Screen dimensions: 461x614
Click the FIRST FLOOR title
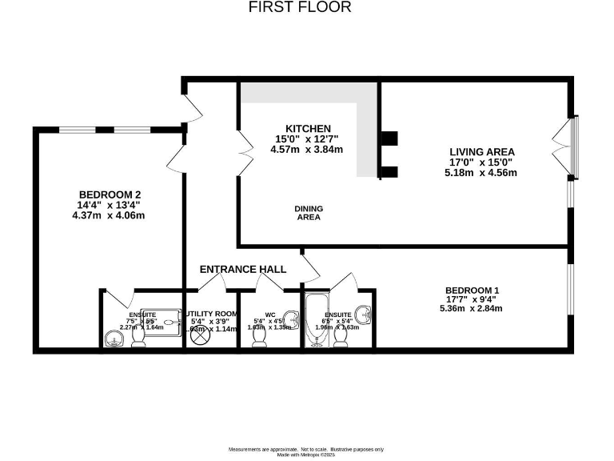(x=300, y=8)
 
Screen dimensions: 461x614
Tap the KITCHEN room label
(x=308, y=129)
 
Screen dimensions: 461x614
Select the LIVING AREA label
(x=482, y=151)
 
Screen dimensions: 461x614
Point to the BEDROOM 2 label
(x=110, y=194)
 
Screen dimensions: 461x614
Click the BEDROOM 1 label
(x=472, y=290)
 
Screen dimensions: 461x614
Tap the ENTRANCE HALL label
(x=243, y=270)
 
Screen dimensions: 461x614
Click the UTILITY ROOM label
(x=212, y=313)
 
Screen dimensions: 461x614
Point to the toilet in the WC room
(x=259, y=339)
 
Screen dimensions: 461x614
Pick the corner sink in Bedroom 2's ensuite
(x=113, y=341)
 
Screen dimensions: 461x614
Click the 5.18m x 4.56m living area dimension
(x=482, y=172)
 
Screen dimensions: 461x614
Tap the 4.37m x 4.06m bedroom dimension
(x=110, y=214)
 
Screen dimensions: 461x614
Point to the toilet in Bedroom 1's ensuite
(x=341, y=339)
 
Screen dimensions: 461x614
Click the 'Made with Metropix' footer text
(x=307, y=455)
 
